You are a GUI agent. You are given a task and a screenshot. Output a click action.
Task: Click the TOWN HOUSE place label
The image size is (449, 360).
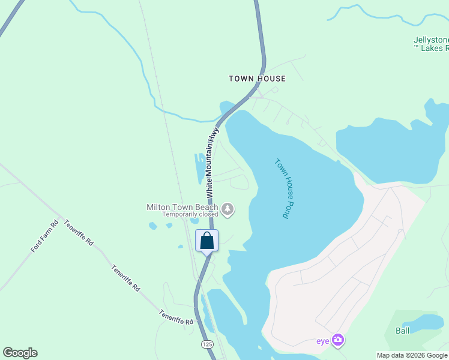pyautogui.click(x=257, y=79)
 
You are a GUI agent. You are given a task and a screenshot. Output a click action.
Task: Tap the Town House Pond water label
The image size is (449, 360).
pyautogui.click(x=282, y=188)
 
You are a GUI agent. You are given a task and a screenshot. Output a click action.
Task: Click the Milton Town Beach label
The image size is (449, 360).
pyautogui.click(x=182, y=207)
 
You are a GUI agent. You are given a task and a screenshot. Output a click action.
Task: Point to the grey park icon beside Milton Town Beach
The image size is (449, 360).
pyautogui.click(x=228, y=209)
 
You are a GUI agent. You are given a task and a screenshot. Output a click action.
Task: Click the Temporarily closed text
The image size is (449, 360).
pyautogui.click(x=190, y=214)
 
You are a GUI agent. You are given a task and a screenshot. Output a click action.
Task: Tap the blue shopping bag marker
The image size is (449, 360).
pyautogui.click(x=207, y=241)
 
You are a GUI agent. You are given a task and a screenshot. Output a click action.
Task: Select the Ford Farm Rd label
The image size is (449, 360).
pyautogui.click(x=45, y=236)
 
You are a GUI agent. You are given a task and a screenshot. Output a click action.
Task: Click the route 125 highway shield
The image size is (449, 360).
pyautogui.click(x=208, y=344)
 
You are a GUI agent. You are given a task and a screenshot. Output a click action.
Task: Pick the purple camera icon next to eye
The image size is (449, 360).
pyautogui.click(x=338, y=340)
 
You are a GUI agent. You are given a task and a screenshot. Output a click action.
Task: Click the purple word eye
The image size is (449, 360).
pyautogui.click(x=323, y=341)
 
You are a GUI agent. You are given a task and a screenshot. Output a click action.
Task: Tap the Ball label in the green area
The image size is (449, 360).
pyautogui.click(x=402, y=331)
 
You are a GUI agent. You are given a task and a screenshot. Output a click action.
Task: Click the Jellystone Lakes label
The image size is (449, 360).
pyautogui.click(x=430, y=44)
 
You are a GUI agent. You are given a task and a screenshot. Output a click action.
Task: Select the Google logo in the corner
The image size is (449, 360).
pyautogui.click(x=20, y=353)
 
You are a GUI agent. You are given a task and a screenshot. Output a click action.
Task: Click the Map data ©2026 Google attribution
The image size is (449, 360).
pyautogui.click(x=412, y=355)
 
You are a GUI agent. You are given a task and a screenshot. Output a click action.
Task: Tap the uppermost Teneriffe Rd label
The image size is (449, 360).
pyautogui.click(x=79, y=233)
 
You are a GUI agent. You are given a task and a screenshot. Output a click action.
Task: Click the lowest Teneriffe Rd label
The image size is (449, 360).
pyautogui.click(x=176, y=317)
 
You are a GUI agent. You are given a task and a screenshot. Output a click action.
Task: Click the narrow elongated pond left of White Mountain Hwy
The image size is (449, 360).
pyautogui.click(x=199, y=169)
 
